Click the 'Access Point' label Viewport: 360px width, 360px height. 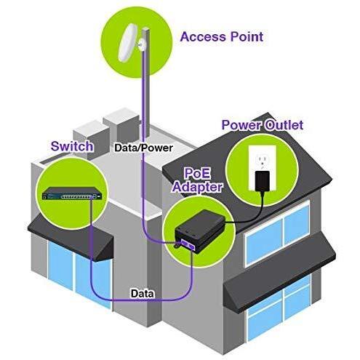(222, 37)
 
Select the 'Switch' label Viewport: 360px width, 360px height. (72, 146)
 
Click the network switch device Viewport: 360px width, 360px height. (73, 193)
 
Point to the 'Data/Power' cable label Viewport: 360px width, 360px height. (143, 148)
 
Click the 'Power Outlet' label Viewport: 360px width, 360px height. (263, 125)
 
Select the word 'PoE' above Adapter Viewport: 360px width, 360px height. (197, 173)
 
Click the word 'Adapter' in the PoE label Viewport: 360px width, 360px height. (198, 187)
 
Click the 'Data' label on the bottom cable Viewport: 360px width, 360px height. (143, 294)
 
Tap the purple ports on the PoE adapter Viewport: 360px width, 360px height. (188, 244)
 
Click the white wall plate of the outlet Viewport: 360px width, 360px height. (263, 168)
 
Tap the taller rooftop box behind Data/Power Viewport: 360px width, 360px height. (121, 127)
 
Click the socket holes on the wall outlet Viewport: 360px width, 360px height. (263, 161)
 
